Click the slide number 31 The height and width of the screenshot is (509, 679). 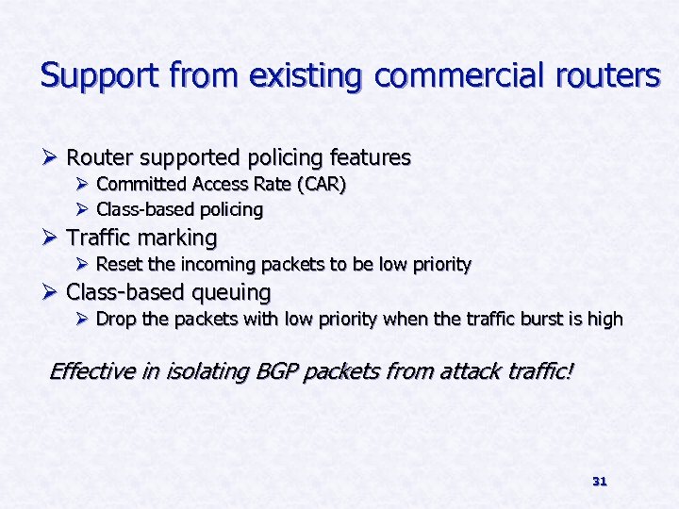599,482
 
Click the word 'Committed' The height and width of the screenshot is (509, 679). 137,185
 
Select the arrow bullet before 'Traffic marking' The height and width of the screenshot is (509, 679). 51,238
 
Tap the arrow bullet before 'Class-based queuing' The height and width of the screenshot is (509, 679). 51,292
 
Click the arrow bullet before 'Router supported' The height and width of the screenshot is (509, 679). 51,157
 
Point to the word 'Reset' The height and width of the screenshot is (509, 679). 117,265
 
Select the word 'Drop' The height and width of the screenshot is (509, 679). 115,320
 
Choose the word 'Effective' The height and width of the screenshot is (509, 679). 92,371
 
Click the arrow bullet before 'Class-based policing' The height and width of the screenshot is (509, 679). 82,209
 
